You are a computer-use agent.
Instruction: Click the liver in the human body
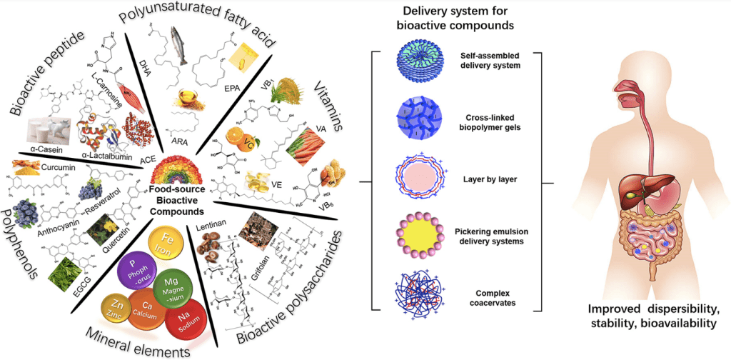[x=630, y=171]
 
